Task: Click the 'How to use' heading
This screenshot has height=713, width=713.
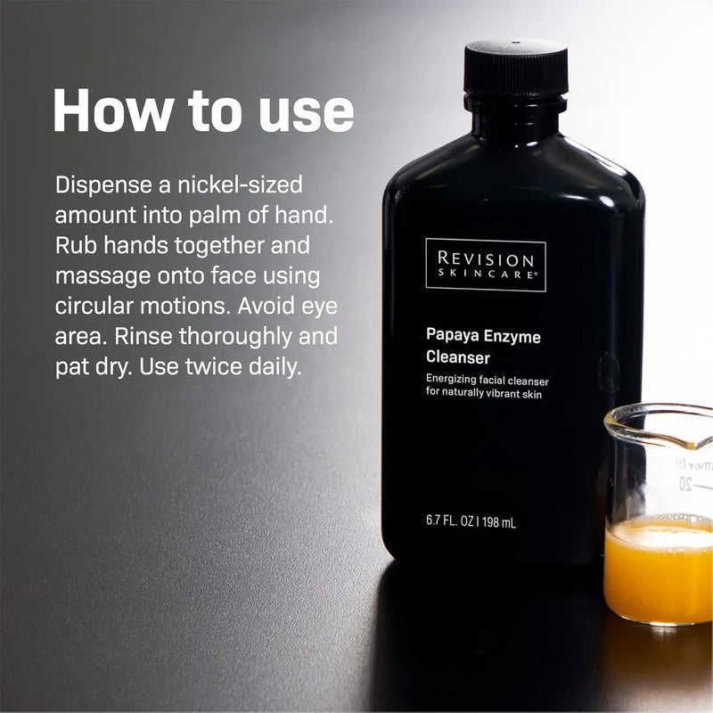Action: coord(203,111)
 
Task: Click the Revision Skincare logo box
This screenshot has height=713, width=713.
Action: coord(486,265)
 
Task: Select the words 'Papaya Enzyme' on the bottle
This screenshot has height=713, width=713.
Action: coord(482,337)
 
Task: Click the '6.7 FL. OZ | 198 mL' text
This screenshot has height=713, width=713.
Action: coord(471,522)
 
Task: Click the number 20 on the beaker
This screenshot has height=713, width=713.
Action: coord(684,484)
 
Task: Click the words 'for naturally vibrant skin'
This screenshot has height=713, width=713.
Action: coord(483,394)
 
